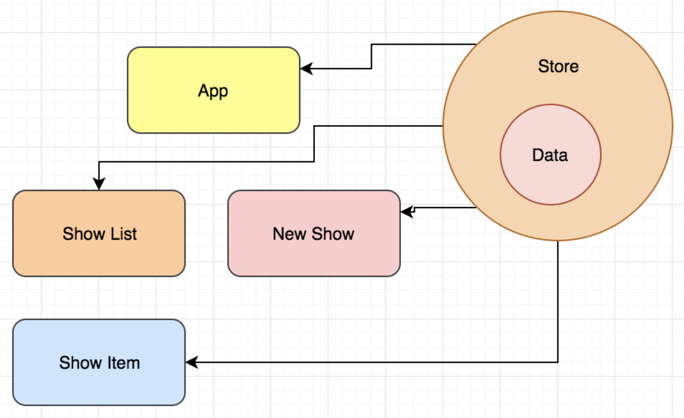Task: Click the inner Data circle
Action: [551, 182]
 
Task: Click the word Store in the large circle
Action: [558, 66]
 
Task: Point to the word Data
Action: [550, 155]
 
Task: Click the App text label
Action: [213, 91]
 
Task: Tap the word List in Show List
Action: [124, 234]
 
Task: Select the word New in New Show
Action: [289, 234]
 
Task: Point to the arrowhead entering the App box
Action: [306, 69]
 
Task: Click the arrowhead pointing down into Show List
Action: [99, 184]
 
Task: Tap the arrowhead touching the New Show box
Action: [407, 211]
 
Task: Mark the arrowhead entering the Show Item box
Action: [192, 362]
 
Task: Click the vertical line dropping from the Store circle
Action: [558, 303]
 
